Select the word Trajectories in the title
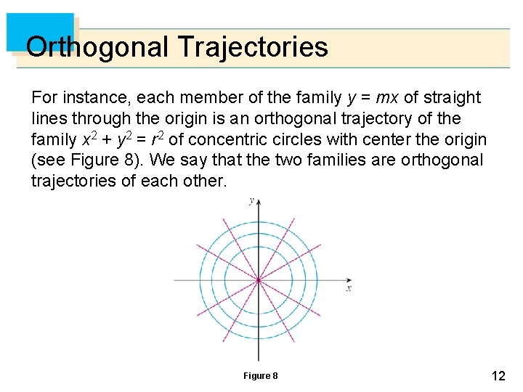(x=252, y=48)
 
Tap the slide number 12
(x=498, y=376)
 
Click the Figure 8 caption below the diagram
(x=260, y=375)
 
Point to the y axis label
(x=251, y=200)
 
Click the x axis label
(x=349, y=289)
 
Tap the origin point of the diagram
(x=258, y=279)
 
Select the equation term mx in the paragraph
(x=389, y=97)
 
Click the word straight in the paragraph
(x=451, y=97)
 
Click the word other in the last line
(x=206, y=181)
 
